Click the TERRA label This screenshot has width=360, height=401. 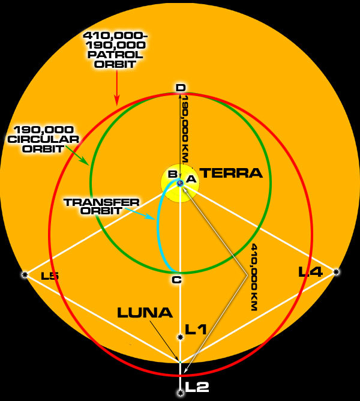tap(231, 173)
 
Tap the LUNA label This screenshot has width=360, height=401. tap(145, 313)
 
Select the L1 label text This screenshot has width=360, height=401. tap(196, 329)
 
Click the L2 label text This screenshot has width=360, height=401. tap(197, 387)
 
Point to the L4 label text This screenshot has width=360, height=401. tap(311, 271)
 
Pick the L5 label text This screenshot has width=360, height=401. tap(50, 276)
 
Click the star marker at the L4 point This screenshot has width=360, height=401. tap(336, 272)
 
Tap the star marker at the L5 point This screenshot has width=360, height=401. tap(25, 275)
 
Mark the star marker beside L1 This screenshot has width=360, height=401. tap(180, 337)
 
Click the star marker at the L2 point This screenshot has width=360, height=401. tap(181, 393)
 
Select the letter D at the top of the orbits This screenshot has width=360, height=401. tap(181, 88)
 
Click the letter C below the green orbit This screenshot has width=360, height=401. tap(176, 280)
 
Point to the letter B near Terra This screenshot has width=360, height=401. tap(173, 174)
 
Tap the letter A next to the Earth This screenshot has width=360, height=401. tap(191, 179)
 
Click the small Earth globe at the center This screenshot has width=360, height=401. tap(181, 183)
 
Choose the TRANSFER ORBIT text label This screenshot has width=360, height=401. tap(101, 207)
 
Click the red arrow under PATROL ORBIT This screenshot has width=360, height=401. tap(117, 87)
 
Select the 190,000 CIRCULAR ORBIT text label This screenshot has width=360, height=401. tap(43, 139)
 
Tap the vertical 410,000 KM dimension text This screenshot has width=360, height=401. tap(254, 277)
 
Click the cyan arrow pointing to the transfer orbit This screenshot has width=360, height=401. tap(140, 214)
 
